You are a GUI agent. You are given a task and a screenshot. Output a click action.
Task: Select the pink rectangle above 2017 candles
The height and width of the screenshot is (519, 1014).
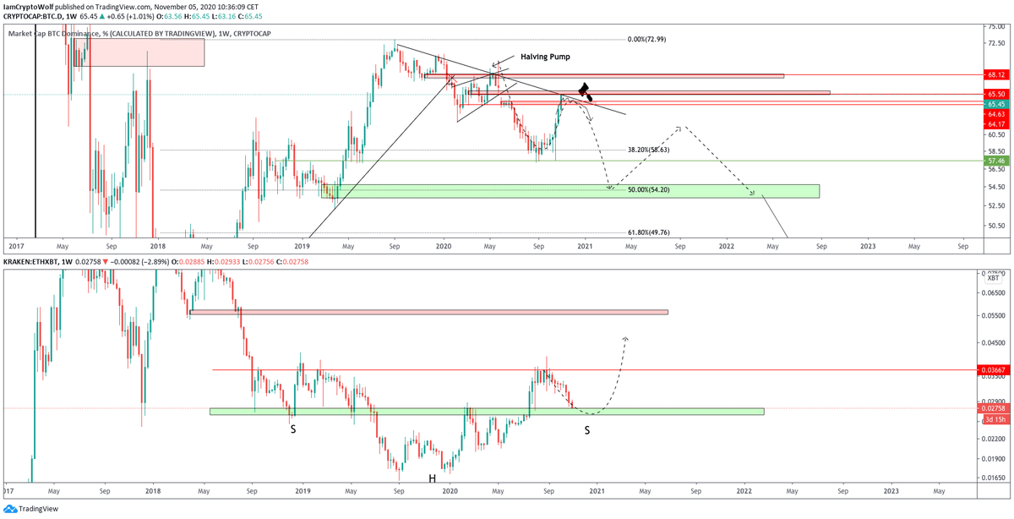(x=139, y=52)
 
